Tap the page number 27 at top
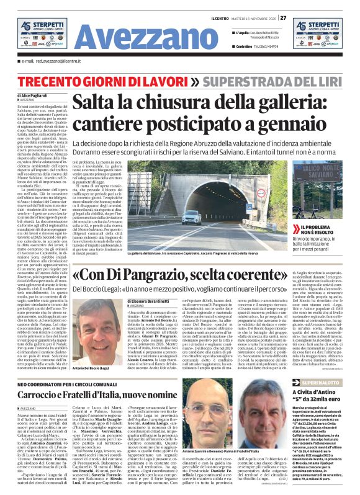click(x=283, y=17)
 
